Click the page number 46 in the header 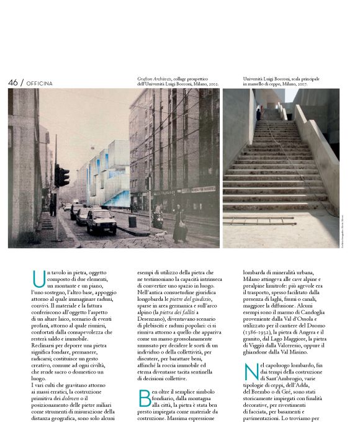pyautogui.click(x=13, y=83)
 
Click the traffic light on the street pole pyautogui.click(x=62, y=176)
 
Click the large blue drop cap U pyautogui.click(x=38, y=278)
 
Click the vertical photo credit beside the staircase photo pyautogui.click(x=342, y=229)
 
